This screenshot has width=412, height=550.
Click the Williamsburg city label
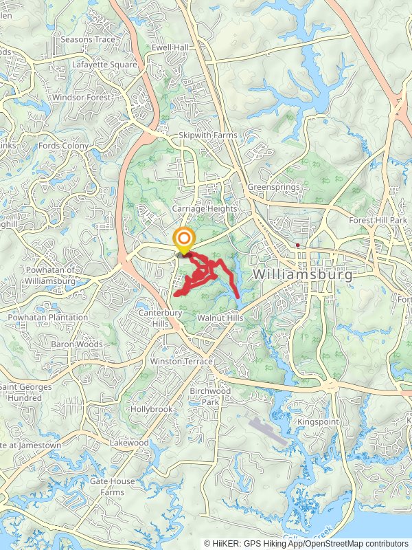click(x=303, y=274)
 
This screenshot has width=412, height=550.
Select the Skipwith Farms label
click(x=207, y=135)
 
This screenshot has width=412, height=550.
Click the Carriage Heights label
click(x=205, y=208)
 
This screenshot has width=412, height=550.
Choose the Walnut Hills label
click(x=220, y=318)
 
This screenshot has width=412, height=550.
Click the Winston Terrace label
click(x=181, y=361)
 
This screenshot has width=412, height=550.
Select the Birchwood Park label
click(x=210, y=396)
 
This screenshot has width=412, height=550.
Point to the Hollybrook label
click(x=152, y=409)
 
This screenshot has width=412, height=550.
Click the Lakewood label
click(x=129, y=443)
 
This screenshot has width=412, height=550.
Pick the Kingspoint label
click(x=318, y=421)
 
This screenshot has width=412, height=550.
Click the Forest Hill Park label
click(x=378, y=220)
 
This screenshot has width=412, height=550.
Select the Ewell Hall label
click(x=170, y=47)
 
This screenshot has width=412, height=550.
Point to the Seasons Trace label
click(x=88, y=39)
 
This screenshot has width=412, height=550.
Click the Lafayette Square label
click(x=104, y=65)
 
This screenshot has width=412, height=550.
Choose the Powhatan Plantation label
click(x=48, y=318)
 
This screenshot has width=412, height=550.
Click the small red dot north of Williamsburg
click(x=297, y=245)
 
